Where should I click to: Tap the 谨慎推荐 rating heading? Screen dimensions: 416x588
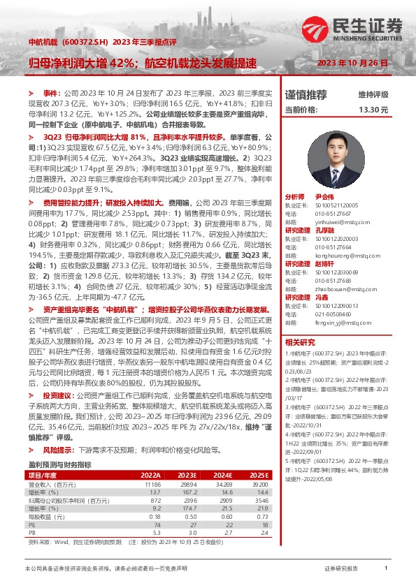click(306, 94)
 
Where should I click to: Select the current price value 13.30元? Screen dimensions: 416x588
click(373, 110)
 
